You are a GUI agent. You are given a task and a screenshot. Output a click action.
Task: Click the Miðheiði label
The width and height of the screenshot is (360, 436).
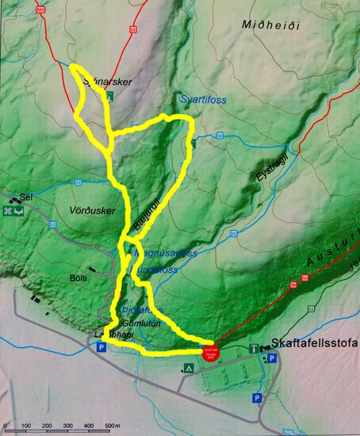(x=270, y=25)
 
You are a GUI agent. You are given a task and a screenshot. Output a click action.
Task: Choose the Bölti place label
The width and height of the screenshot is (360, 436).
(x=78, y=278)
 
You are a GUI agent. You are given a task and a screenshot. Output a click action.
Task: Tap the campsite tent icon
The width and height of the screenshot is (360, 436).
(x=188, y=368)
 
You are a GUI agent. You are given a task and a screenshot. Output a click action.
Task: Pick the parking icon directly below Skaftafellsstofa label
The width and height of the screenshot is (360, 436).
(x=271, y=359)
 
